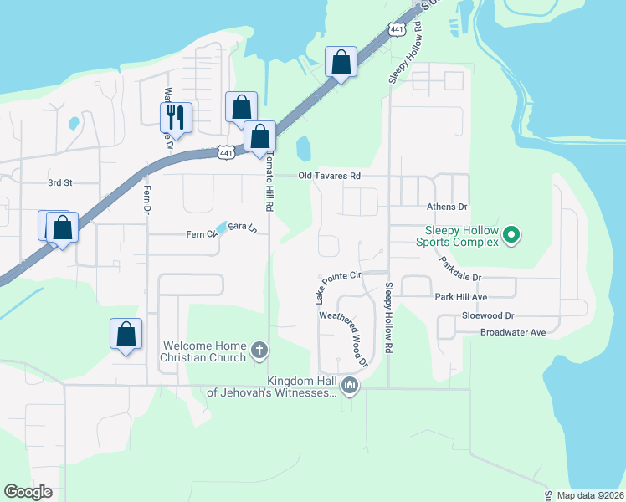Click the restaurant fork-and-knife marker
(x=177, y=116)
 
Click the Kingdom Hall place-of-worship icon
(x=350, y=387)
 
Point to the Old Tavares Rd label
(x=330, y=176)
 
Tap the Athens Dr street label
(x=447, y=207)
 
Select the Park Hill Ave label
(x=460, y=297)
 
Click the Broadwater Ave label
(x=512, y=332)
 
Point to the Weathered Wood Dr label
(x=344, y=339)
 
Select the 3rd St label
(x=60, y=182)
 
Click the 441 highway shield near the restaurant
(x=225, y=152)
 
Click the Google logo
(x=28, y=492)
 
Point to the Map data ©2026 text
(x=589, y=495)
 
